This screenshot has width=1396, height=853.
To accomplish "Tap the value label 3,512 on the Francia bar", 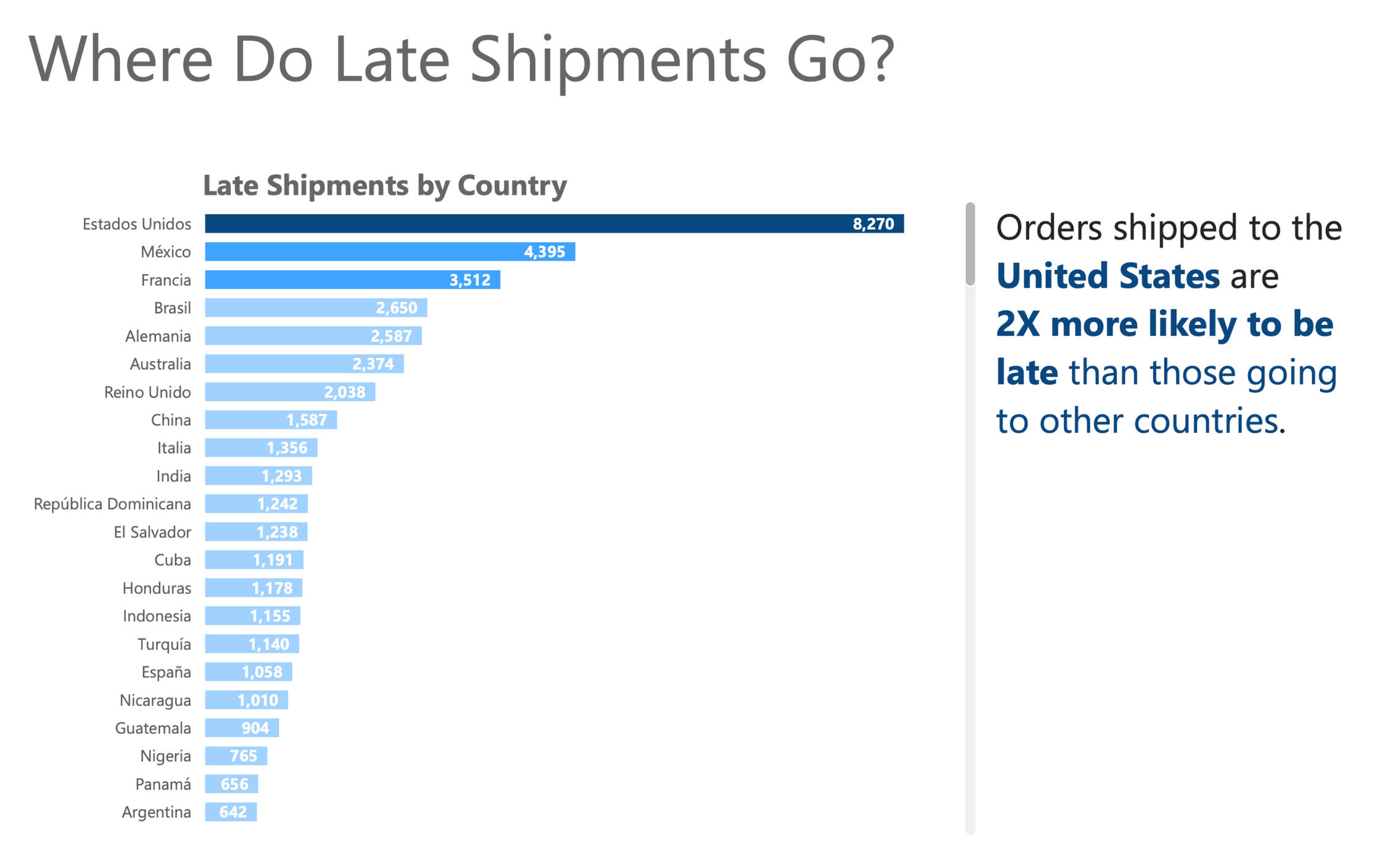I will [470, 280].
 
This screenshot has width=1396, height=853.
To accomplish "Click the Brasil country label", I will [172, 308].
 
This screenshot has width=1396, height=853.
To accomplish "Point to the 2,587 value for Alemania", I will [391, 336].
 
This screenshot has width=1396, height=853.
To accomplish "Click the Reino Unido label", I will [147, 392].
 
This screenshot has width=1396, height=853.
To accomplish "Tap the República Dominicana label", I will [112, 504].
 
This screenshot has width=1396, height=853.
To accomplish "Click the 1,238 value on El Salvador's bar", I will [277, 532].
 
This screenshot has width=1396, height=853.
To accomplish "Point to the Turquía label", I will [164, 644].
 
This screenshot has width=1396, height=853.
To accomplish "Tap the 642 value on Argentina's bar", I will [233, 812].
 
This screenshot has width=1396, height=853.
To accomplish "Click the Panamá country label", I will [163, 784].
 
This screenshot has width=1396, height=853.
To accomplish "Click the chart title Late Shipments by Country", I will [385, 185].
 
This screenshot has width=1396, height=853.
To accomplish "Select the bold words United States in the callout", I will [1108, 275].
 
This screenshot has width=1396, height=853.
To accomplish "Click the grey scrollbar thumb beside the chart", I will [970, 244].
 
